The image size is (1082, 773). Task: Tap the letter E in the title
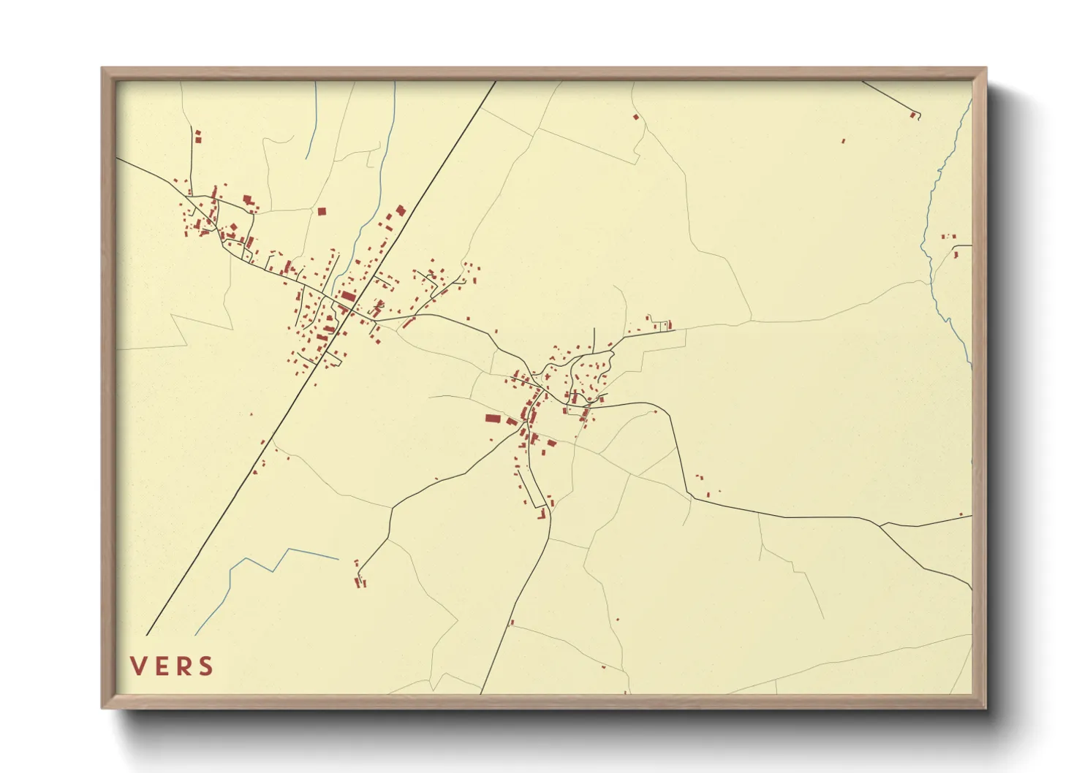(x=162, y=666)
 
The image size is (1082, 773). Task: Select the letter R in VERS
(x=184, y=666)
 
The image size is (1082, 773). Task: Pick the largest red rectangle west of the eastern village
(x=493, y=419)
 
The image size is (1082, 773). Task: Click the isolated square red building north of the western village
(x=321, y=211)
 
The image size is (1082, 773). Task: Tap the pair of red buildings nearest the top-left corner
(x=197, y=136)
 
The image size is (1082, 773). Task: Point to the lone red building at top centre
(x=636, y=117)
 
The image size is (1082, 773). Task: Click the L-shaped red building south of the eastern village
(x=542, y=515)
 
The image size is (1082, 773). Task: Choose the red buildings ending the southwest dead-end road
(x=359, y=581)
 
